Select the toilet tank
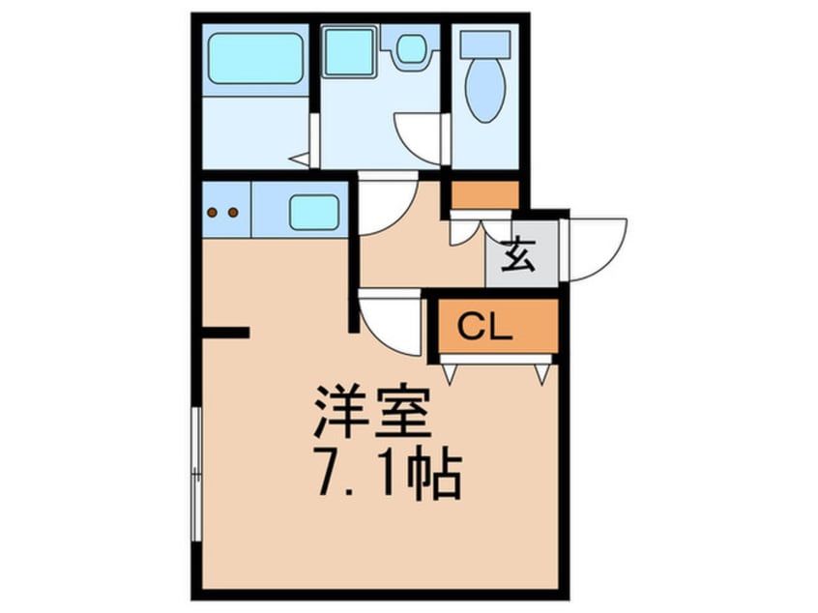tap(484, 43)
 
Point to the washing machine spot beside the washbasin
tap(412, 48)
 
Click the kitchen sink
tap(313, 212)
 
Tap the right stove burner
tap(232, 212)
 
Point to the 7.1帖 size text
tap(387, 474)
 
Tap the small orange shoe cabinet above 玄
tap(484, 194)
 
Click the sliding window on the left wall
tap(196, 473)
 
